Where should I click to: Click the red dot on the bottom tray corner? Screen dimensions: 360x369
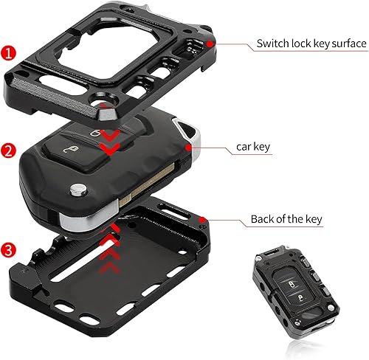pyautogui.click(x=201, y=218)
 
